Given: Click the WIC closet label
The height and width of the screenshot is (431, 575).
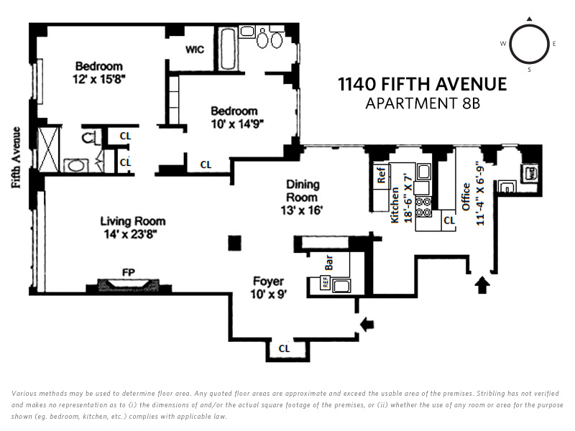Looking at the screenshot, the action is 194,50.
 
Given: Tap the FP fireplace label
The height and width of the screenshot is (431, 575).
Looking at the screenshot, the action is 129,272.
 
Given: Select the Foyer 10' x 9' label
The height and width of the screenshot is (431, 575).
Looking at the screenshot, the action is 268,288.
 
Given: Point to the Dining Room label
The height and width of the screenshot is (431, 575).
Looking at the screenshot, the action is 303,190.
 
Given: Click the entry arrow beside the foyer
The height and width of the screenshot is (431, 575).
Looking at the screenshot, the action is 367,324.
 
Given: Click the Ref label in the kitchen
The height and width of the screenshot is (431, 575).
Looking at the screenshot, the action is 381,175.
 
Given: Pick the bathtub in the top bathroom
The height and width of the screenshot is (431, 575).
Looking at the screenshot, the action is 228,48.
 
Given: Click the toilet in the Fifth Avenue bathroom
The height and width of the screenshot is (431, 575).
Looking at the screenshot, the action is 88,137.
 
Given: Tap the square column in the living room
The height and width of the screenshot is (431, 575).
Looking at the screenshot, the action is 235,243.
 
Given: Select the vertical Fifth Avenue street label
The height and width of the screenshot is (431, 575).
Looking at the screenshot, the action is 16,157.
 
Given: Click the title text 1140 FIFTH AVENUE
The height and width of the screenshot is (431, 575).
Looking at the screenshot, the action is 423,84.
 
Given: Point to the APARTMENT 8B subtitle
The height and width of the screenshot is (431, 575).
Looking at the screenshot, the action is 423,103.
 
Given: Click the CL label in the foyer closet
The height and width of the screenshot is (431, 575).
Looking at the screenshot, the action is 284,348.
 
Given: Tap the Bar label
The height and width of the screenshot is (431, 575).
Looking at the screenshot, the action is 328,262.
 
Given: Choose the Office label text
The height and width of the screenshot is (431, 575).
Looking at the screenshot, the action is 466,197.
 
